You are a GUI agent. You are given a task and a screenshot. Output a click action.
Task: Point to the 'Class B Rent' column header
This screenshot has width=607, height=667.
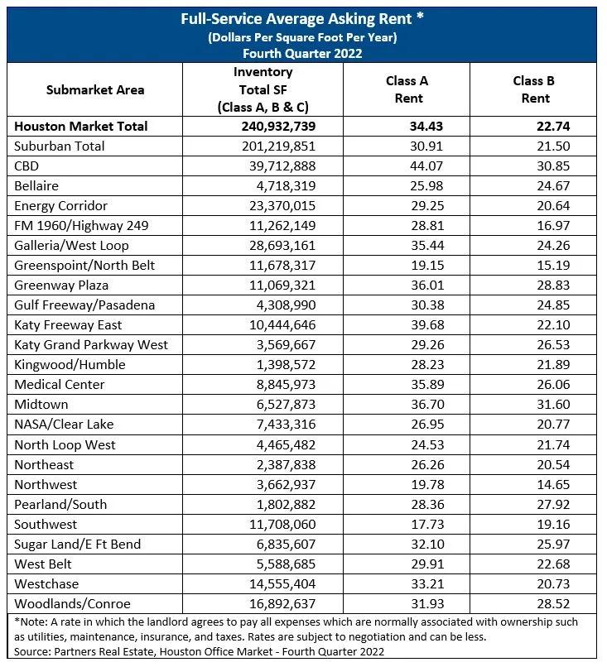pyautogui.click(x=533, y=90)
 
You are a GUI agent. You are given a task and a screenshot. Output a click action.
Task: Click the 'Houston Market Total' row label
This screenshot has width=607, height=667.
pyautogui.click(x=81, y=127)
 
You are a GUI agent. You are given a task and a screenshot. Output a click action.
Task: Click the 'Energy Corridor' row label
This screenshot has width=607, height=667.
pyautogui.click(x=61, y=206)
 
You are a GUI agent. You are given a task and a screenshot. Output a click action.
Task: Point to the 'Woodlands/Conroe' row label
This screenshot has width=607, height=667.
pyautogui.click(x=73, y=603)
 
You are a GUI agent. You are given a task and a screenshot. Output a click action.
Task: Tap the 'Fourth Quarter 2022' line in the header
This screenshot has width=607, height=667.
pyautogui.click(x=302, y=52)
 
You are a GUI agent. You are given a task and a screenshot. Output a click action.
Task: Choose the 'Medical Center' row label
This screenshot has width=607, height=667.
pyautogui.click(x=60, y=385)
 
